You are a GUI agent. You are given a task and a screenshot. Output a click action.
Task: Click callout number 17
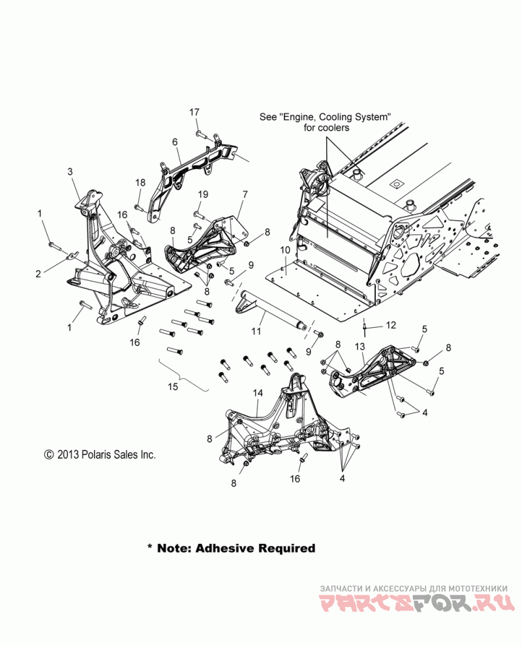pyautogui.click(x=194, y=112)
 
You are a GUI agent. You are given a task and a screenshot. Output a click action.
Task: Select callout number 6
pyautogui.click(x=175, y=142)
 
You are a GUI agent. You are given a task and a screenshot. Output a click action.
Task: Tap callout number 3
pyautogui.click(x=70, y=172)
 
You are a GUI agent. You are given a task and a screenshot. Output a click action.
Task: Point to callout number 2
pyautogui.click(x=38, y=274)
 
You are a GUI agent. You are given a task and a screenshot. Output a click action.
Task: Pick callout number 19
pyautogui.click(x=203, y=195)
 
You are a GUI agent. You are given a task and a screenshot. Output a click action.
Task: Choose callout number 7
pyautogui.click(x=245, y=195)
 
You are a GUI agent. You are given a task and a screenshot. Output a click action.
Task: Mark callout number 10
pyautogui.click(x=286, y=250)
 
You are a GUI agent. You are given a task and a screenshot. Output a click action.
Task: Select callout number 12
pyautogui.click(x=391, y=324)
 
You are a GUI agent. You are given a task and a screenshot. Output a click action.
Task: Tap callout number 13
pyautogui.click(x=360, y=346)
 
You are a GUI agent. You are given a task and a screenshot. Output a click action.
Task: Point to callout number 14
pyautogui.click(x=258, y=394)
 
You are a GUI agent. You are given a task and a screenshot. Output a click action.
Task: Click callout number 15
pyautogui.click(x=173, y=387)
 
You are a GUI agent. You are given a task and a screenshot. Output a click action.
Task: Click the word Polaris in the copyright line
pyautogui.click(x=92, y=455)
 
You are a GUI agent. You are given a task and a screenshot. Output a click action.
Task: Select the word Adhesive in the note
pyautogui.click(x=222, y=548)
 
